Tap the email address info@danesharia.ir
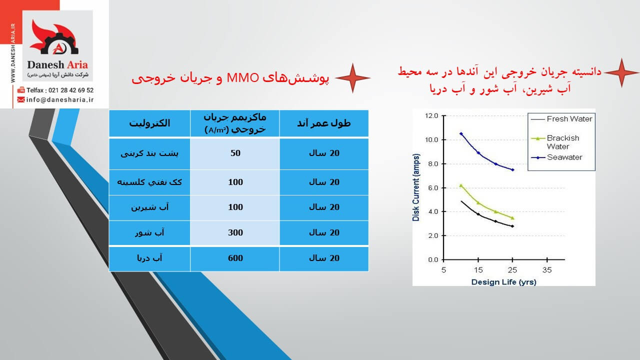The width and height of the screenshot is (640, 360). coord(60,99)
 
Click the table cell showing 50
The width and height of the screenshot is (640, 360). coord(235,153)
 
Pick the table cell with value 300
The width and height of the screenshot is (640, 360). coord(235,232)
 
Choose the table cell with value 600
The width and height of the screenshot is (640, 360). coord(235,258)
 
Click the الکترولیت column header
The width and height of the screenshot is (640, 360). coord(149,123)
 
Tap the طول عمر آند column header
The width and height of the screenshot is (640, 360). coord(323,123)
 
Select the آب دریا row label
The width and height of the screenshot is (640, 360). coord(149,258)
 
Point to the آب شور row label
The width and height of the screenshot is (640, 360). coord(149,232)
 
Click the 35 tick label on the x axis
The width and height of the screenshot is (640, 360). coord(547,270)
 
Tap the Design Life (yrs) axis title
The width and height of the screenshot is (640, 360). coord(503,282)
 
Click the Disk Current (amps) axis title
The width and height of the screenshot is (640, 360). coord(416,187)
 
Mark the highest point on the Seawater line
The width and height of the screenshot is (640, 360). coord(461,133)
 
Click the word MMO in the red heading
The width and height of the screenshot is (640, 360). coord(242,78)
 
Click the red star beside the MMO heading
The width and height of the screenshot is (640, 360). coord(352,78)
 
